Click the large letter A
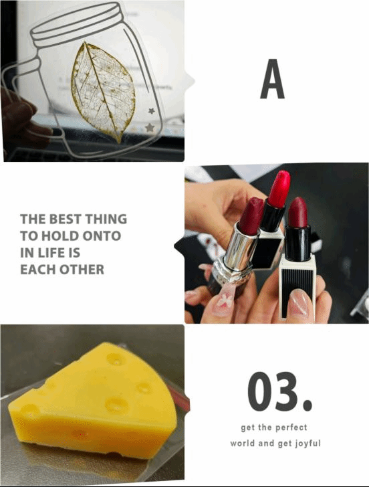pos(272,78)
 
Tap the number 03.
pos(279,391)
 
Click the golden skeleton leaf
pos(102,90)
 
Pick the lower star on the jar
pos(150,127)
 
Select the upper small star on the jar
pos(152,110)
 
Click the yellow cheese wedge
pos(92,401)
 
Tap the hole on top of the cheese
pos(116,359)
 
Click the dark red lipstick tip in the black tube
pos(297,213)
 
